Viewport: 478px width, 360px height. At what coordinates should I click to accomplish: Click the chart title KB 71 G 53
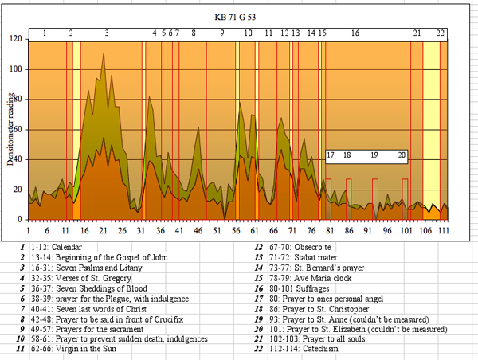click(239, 16)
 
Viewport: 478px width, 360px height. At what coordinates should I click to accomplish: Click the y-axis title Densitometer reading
click(11, 126)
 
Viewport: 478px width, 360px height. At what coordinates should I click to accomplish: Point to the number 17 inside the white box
click(331, 155)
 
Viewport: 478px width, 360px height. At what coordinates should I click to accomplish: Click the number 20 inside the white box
click(402, 155)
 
